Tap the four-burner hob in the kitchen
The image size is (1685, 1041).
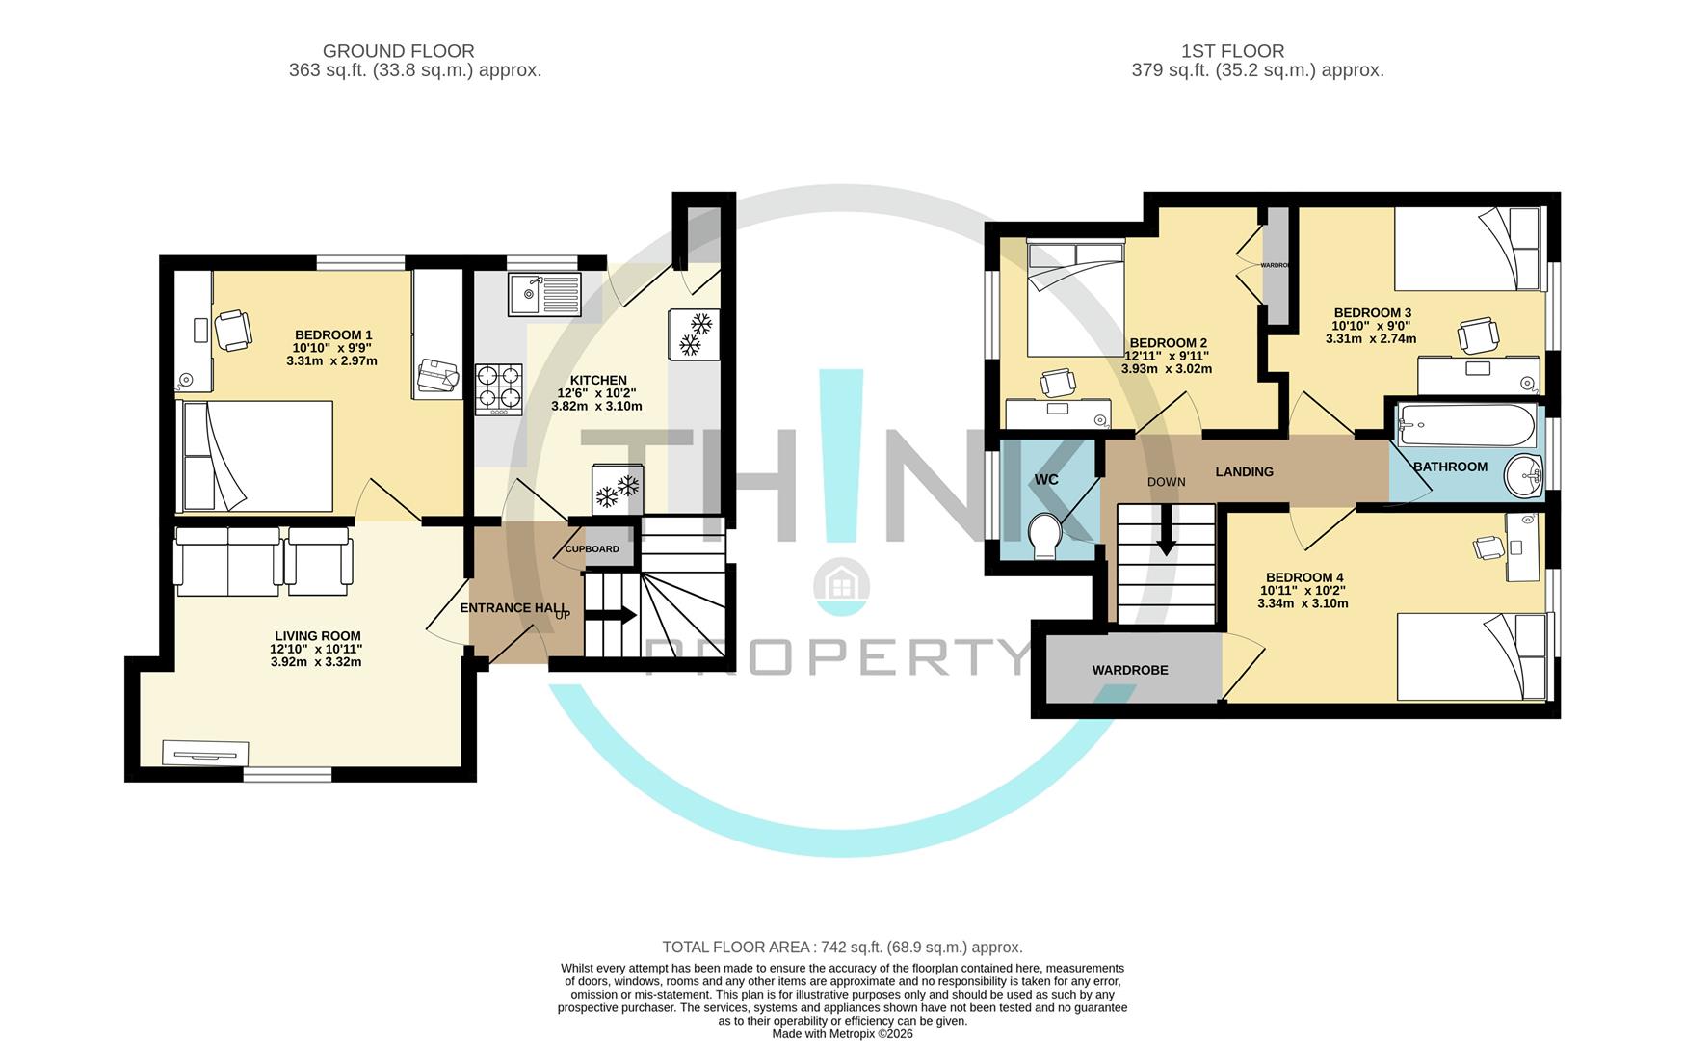pos(498,388)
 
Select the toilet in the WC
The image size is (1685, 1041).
pos(1044,536)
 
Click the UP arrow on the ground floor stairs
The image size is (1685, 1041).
pos(619,615)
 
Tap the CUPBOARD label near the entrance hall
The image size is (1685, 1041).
pos(592,549)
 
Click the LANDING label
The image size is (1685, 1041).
pos(1244,471)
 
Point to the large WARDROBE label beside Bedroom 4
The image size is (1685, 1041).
pos(1129,670)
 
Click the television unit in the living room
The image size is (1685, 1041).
pos(205,753)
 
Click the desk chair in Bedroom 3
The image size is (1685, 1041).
pos(1479,335)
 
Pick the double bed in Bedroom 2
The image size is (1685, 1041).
pos(1075,298)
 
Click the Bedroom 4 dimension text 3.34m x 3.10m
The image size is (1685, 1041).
pos(1303,603)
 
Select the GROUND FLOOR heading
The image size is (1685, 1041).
pos(398,51)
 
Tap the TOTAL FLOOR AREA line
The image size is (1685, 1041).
pos(842,948)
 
